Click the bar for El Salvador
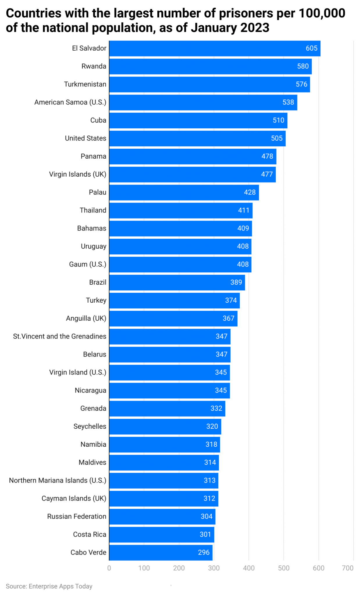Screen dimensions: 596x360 pyautogui.click(x=215, y=48)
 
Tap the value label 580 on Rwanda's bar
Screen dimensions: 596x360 pyautogui.click(x=303, y=66)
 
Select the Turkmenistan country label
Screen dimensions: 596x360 pyautogui.click(x=85, y=84)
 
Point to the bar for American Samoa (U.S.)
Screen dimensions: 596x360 pyautogui.click(x=203, y=102)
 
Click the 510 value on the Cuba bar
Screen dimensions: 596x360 pyautogui.click(x=278, y=120)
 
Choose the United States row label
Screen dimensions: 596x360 pyautogui.click(x=85, y=138)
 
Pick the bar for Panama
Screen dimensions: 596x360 pyautogui.click(x=193, y=157)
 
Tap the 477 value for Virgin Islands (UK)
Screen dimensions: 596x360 pyautogui.click(x=267, y=174)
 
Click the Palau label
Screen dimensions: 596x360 pyautogui.click(x=97, y=192)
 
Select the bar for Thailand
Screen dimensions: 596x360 pyautogui.click(x=181, y=210)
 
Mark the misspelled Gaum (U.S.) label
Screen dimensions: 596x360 pyautogui.click(x=88, y=265)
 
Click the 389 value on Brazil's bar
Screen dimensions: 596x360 pyautogui.click(x=236, y=282)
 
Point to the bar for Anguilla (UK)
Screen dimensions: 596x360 pyautogui.click(x=173, y=318)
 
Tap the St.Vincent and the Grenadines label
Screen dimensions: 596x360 pyautogui.click(x=60, y=336)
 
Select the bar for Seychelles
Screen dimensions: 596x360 pyautogui.click(x=165, y=427)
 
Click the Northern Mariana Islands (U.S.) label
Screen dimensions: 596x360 pyautogui.click(x=58, y=480)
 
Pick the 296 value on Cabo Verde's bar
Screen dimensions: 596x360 pyautogui.click(x=204, y=553)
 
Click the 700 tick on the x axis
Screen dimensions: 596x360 pyautogui.click(x=348, y=568)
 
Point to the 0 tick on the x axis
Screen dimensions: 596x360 pyautogui.click(x=109, y=568)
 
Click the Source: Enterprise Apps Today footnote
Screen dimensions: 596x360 pyautogui.click(x=49, y=586)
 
